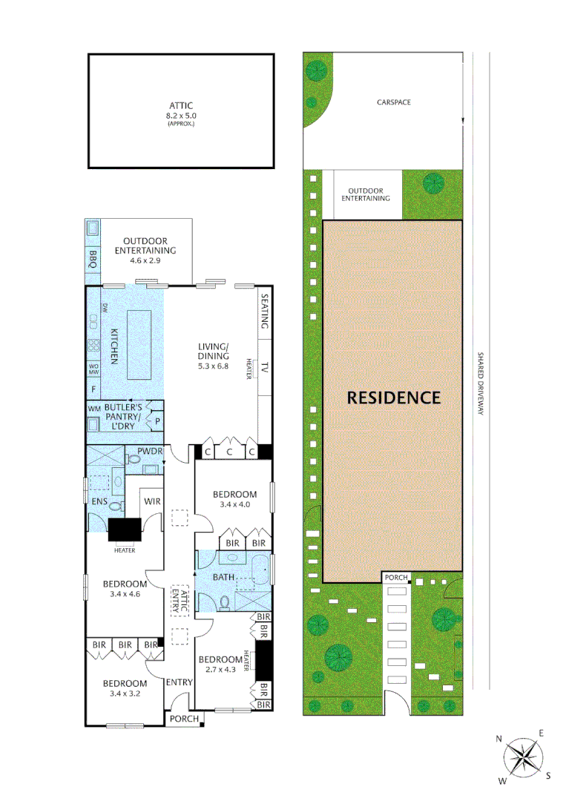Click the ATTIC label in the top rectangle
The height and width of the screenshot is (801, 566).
point(181,105)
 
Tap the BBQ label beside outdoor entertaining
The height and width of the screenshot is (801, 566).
point(93,258)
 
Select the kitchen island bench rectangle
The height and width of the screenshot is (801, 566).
point(139,344)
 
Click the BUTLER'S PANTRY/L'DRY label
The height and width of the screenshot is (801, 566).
point(124,416)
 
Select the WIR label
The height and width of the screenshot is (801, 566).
point(153,501)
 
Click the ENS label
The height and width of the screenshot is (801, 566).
point(100,502)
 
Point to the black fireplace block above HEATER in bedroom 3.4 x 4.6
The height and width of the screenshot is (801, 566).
point(125,530)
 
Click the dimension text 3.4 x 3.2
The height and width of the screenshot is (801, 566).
point(125,694)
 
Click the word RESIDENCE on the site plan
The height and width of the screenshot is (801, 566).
point(394,398)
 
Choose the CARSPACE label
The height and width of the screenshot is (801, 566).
point(393,102)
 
